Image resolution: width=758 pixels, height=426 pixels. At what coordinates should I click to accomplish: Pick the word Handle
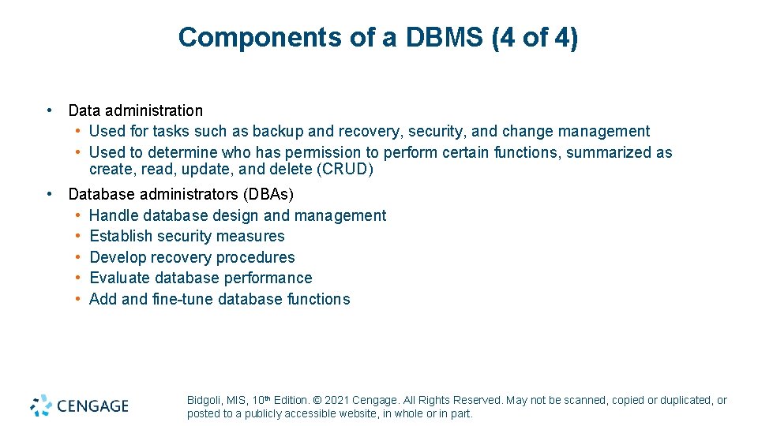point(115,215)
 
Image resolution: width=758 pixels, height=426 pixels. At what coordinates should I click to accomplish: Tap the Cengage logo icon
point(41,405)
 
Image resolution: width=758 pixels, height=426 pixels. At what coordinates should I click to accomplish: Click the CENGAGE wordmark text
point(92,406)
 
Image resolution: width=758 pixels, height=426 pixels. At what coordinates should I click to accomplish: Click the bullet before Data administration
point(50,110)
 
